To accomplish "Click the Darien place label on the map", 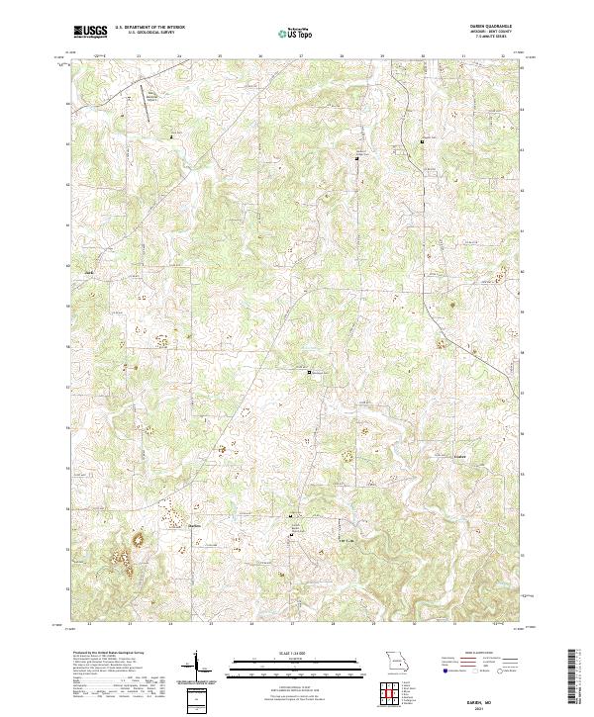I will point(196,526).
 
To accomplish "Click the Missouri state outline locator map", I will point(396,661).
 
